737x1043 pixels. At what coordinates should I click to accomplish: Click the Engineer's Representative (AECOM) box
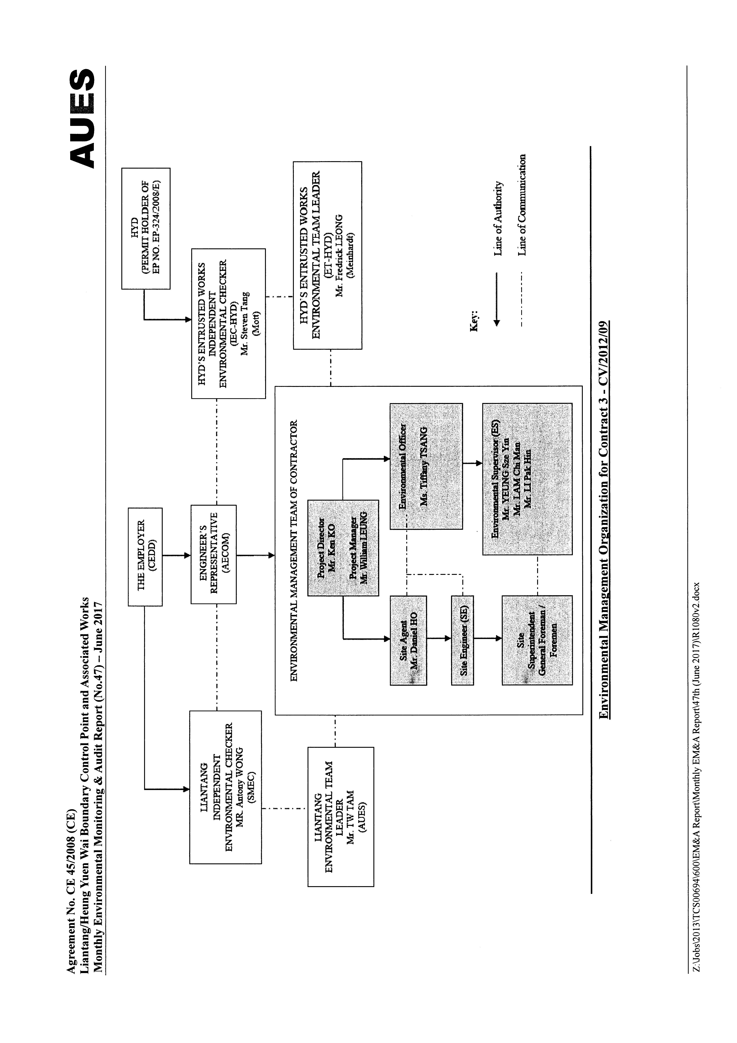click(213, 554)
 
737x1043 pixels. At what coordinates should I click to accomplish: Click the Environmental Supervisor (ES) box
click(527, 479)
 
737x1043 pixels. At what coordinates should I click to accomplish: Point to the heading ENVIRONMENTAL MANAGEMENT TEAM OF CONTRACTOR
click(294, 551)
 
